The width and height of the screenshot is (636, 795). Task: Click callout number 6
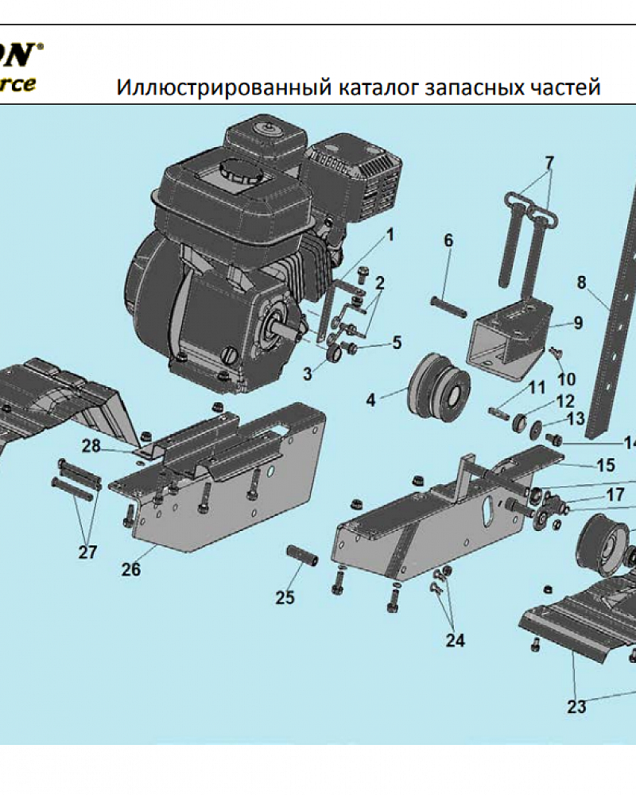point(448,240)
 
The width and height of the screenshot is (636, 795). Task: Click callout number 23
point(576,706)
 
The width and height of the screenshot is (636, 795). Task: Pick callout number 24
point(455,640)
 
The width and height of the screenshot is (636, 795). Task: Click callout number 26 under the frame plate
point(131,569)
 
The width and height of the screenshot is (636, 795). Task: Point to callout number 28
point(91,446)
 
